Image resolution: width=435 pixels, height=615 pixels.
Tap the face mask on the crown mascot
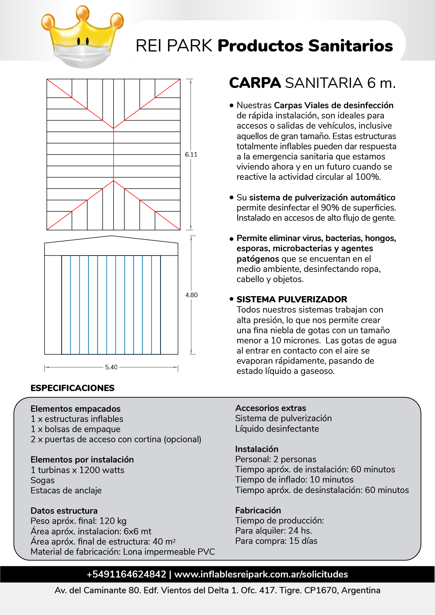(x=83, y=56)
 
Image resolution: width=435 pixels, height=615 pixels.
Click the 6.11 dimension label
(x=191, y=155)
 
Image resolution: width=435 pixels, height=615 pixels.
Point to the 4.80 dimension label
(x=191, y=295)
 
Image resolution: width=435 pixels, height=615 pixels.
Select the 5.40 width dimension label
(x=111, y=367)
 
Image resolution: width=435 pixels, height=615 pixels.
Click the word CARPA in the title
(x=255, y=83)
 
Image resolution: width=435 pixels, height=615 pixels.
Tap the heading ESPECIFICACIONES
(x=73, y=388)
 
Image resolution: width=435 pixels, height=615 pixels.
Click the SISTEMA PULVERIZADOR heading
(x=292, y=299)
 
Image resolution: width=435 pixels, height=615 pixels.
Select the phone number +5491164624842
(x=126, y=574)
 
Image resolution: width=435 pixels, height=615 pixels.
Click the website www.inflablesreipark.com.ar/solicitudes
(x=261, y=574)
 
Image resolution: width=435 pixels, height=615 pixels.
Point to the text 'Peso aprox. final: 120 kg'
(x=79, y=521)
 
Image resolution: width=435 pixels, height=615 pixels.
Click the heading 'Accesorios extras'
(x=271, y=408)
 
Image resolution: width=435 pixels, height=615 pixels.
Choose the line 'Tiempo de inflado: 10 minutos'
(x=294, y=480)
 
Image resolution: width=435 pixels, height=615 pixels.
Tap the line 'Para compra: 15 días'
(x=276, y=541)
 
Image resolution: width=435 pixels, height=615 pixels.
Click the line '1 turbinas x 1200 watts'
(x=77, y=470)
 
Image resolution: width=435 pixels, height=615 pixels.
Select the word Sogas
(x=43, y=480)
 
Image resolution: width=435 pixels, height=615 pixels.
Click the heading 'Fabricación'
(x=258, y=511)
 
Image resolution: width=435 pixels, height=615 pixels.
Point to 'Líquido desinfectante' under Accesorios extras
(x=277, y=429)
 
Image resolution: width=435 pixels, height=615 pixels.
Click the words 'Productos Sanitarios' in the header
(x=305, y=46)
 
